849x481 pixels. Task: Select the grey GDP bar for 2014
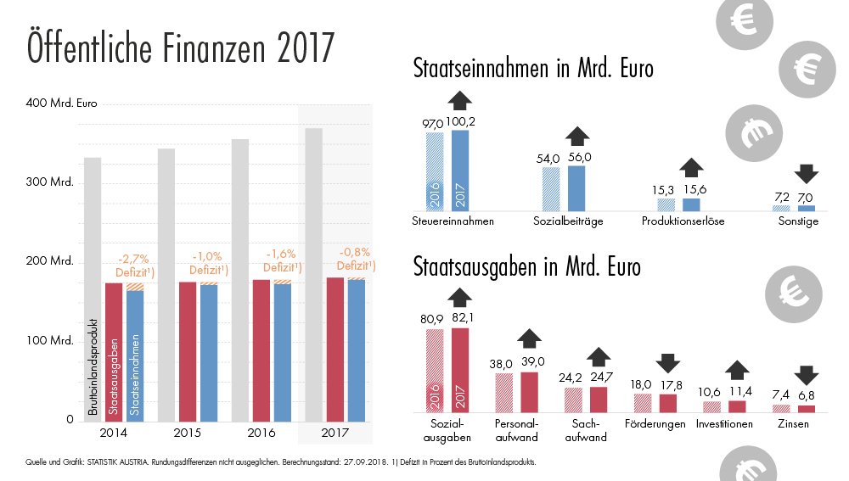(x=93, y=288)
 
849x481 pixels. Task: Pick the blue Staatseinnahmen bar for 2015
(x=209, y=352)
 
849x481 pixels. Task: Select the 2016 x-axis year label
(x=261, y=433)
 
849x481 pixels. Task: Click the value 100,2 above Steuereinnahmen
(x=460, y=121)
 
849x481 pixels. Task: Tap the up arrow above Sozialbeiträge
(x=577, y=136)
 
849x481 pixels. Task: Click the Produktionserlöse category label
(x=680, y=221)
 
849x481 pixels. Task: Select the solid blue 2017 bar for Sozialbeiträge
(x=576, y=187)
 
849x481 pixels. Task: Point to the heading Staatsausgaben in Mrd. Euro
(x=527, y=267)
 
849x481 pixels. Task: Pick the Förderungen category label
(x=655, y=423)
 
